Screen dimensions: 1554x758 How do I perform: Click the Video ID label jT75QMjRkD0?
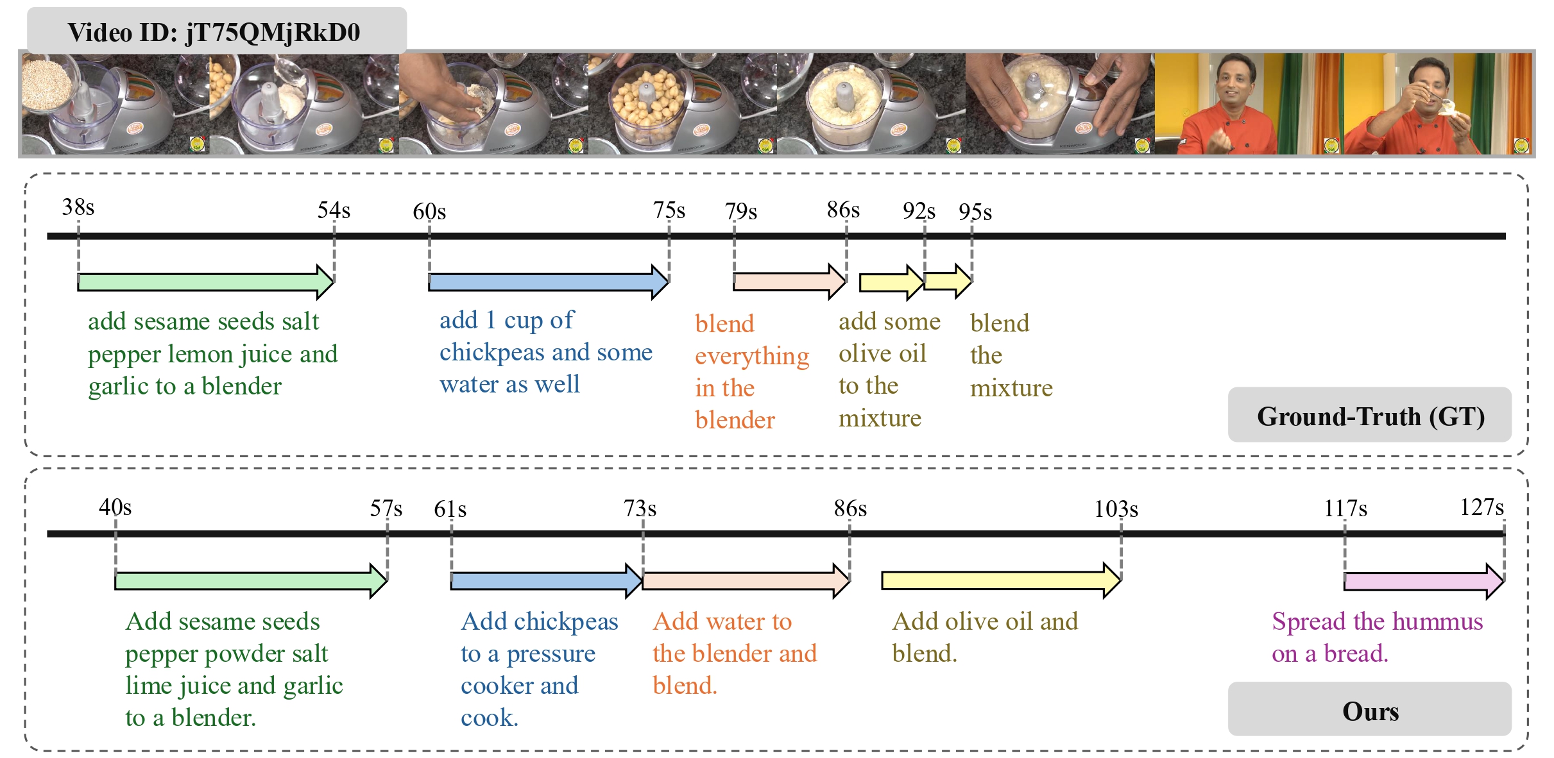(216, 31)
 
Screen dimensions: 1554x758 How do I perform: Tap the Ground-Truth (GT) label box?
(1369, 415)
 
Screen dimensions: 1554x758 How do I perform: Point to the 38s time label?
(78, 207)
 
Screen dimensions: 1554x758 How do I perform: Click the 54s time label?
(334, 210)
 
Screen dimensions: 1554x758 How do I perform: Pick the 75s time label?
(669, 210)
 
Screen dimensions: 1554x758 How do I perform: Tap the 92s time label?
(919, 210)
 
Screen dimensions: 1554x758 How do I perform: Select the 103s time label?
(1116, 509)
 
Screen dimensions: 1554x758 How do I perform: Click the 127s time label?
(1482, 507)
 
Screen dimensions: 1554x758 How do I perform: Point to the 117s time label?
(1345, 509)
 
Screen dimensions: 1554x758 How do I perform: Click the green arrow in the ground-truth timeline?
(206, 282)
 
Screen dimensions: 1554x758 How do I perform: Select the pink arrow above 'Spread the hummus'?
(1424, 581)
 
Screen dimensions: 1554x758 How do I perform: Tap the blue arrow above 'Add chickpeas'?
(547, 581)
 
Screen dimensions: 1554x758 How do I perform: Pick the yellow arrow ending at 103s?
(1002, 580)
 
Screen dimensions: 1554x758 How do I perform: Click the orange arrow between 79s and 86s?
(790, 281)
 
